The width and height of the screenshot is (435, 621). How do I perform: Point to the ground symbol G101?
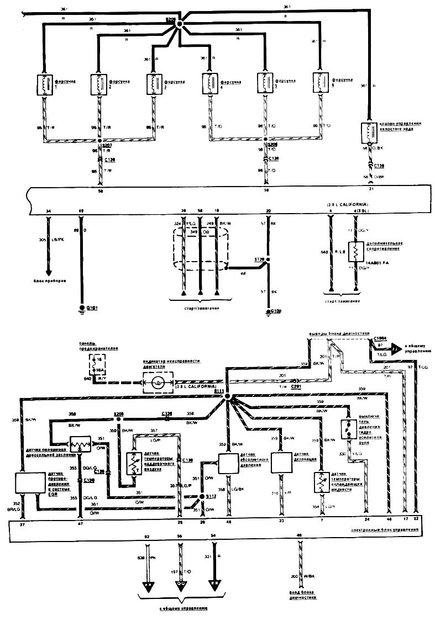tap(82, 307)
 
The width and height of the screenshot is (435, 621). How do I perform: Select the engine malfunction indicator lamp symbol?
tap(158, 382)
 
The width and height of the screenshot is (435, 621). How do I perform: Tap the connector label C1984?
tap(380, 338)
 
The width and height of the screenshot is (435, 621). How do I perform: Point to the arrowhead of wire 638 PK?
tap(148, 586)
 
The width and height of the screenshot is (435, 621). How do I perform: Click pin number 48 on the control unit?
tap(299, 535)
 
